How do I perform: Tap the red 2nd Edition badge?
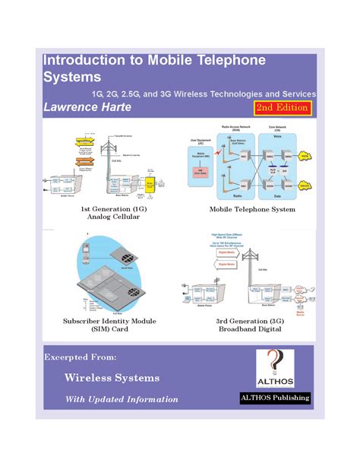click(x=282, y=107)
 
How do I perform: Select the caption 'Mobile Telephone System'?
click(x=252, y=208)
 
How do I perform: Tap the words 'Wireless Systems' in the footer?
click(x=112, y=378)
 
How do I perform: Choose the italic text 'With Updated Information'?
click(x=122, y=399)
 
